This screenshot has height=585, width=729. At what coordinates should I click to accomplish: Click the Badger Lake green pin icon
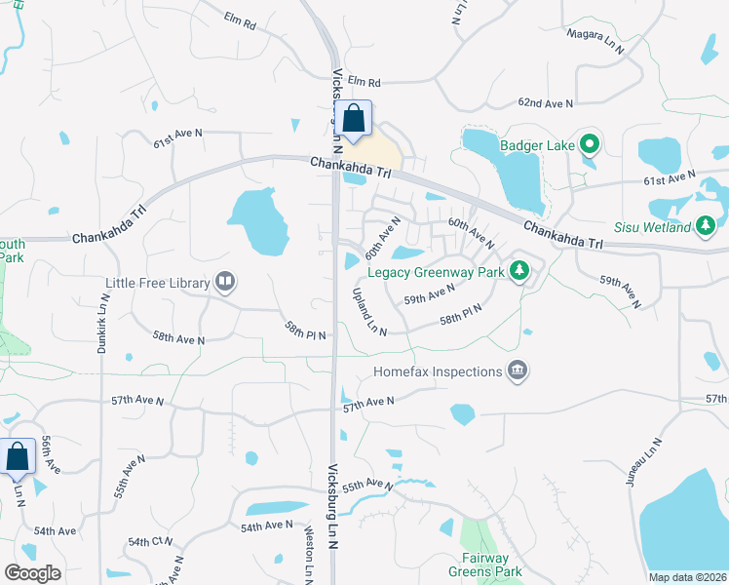pos(589,146)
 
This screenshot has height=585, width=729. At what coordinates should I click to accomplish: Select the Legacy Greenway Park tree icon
pos(520,271)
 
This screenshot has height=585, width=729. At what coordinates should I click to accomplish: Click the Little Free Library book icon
pos(224,283)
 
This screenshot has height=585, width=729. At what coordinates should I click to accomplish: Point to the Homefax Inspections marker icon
pos(518,370)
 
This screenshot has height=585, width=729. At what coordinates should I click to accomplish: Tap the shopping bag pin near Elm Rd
pos(354,120)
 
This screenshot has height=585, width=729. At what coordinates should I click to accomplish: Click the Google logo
pos(33,573)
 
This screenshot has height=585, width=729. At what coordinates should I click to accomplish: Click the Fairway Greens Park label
pos(491,565)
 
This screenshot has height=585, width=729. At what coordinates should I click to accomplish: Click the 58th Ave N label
pos(178,339)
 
